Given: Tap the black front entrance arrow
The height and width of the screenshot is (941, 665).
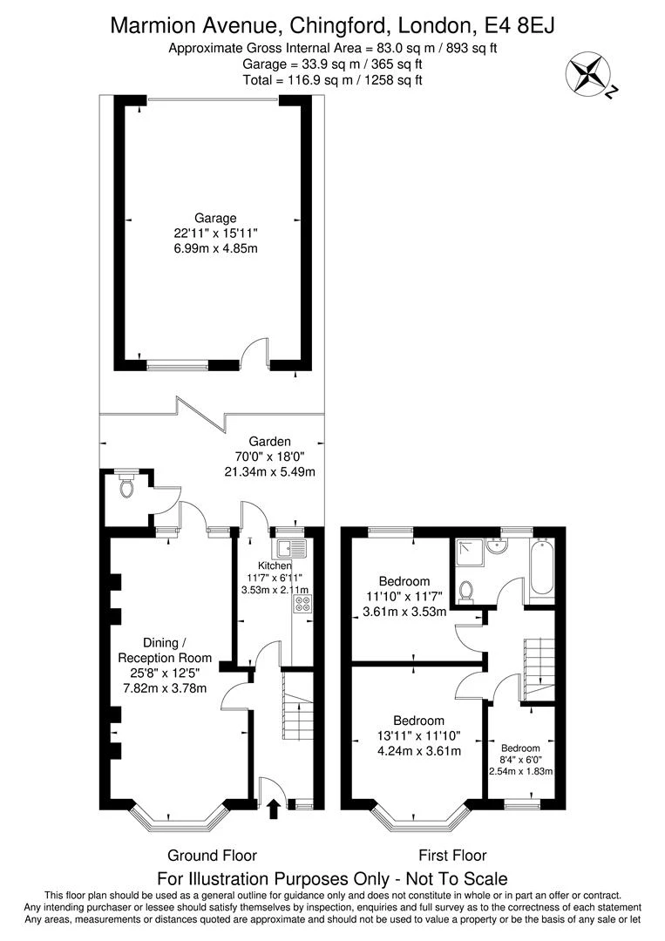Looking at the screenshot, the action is [x=274, y=809].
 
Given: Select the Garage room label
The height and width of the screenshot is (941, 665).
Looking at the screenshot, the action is [x=215, y=219].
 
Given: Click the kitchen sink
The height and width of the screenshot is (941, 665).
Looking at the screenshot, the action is [x=292, y=549].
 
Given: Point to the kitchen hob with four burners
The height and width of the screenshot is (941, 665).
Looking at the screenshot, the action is [x=302, y=605].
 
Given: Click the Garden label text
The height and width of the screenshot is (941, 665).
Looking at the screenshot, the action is [x=270, y=442].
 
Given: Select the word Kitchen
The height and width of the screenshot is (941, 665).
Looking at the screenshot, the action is [x=275, y=565].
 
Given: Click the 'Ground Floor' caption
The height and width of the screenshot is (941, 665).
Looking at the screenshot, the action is [x=212, y=856].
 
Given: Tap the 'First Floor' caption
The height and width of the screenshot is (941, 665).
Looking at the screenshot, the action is [x=452, y=856].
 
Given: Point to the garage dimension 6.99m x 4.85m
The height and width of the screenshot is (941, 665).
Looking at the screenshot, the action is [x=215, y=247].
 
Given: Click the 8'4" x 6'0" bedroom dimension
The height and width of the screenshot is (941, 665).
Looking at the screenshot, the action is [x=520, y=760].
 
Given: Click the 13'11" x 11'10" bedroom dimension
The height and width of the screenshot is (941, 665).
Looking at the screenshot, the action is [x=418, y=735].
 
